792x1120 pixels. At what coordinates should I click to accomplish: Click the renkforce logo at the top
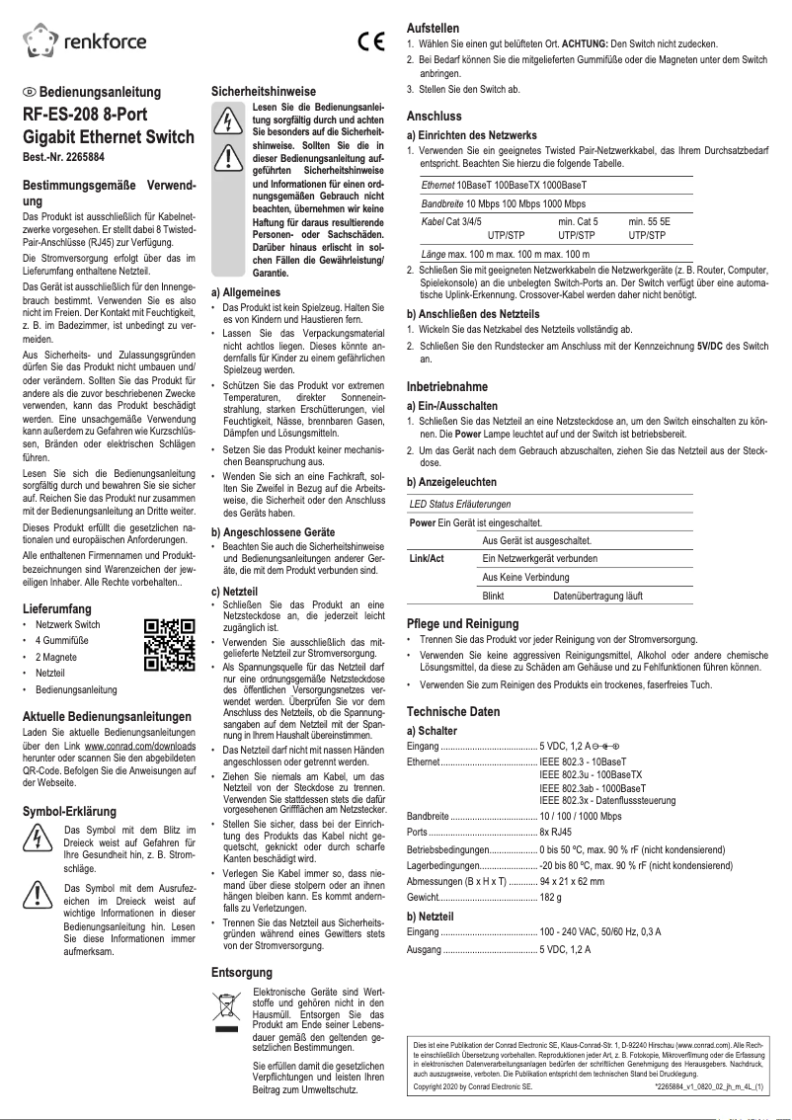[x=85, y=40]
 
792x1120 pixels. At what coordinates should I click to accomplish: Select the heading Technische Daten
[x=453, y=711]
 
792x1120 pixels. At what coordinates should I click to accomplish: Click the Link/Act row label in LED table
[x=427, y=558]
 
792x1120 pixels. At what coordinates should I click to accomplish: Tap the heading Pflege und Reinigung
[x=462, y=624]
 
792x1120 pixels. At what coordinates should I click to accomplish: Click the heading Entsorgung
[x=242, y=972]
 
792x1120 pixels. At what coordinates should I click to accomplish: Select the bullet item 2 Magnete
[x=58, y=656]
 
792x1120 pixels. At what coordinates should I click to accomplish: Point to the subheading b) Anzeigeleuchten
[x=452, y=481]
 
